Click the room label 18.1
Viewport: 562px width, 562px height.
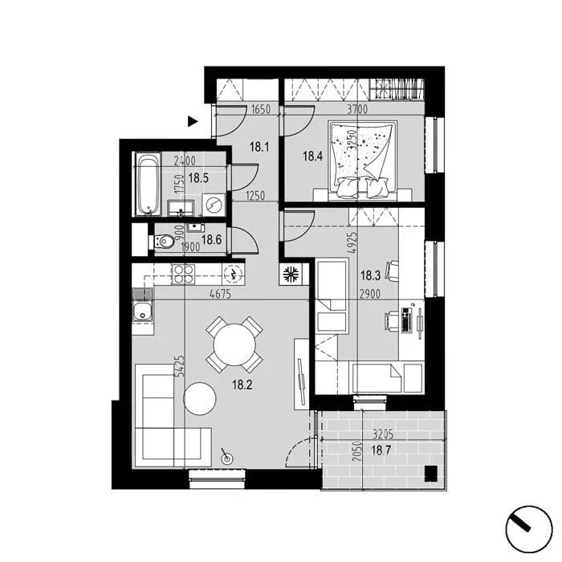tap(259, 147)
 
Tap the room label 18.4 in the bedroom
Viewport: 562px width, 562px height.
tap(312, 156)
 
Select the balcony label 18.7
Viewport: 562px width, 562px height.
tap(381, 450)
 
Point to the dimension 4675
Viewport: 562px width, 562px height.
tap(221, 295)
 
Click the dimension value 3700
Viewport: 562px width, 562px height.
tap(357, 109)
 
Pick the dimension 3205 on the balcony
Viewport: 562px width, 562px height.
tap(383, 434)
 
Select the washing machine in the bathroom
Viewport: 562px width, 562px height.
tap(214, 205)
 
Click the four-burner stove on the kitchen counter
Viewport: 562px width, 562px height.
tap(183, 275)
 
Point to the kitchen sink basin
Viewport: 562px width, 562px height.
tap(143, 312)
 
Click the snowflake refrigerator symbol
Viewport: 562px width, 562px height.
tap(291, 275)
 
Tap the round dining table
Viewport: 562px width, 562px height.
tap(234, 344)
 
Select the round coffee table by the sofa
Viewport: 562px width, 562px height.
tap(200, 399)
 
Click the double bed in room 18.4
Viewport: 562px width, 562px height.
tap(363, 161)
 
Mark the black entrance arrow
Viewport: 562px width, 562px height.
tap(193, 121)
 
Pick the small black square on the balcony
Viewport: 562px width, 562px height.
tap(431, 474)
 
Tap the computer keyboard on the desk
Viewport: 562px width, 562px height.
tap(406, 320)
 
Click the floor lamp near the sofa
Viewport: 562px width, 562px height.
tap(226, 458)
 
